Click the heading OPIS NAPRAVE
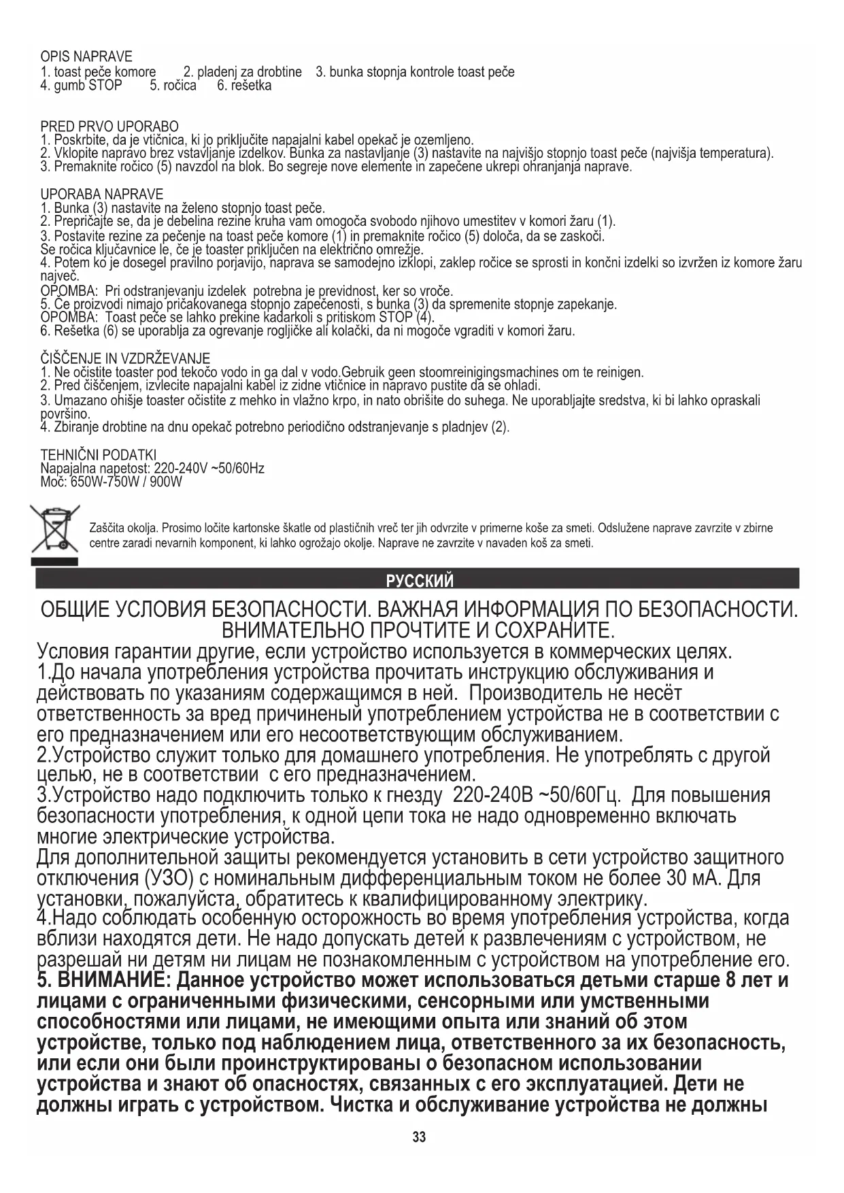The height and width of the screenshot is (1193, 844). click(86, 56)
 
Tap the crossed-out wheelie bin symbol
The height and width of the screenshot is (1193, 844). click(54, 529)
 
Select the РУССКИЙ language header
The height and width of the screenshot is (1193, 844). click(419, 580)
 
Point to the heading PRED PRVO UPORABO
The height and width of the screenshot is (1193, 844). click(109, 127)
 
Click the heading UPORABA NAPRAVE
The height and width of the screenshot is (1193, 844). click(102, 195)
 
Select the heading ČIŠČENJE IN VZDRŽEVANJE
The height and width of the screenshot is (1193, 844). click(125, 358)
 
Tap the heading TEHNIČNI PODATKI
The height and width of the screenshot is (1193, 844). click(99, 454)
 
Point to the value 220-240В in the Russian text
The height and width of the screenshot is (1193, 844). click(492, 795)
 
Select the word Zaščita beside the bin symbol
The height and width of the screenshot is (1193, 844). click(109, 528)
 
